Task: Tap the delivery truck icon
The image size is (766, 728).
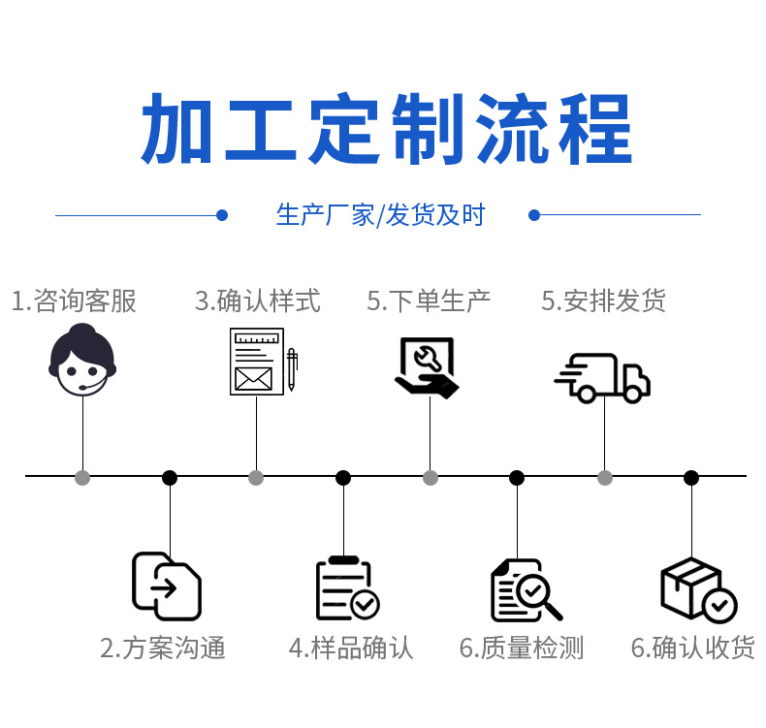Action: pos(602,377)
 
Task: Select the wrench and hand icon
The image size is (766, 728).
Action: pos(427,366)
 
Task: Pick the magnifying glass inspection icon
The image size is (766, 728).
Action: pos(525,590)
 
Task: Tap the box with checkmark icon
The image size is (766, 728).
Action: pos(697,589)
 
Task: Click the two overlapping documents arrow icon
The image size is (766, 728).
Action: pos(167,586)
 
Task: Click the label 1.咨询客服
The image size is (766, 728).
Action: pos(75,301)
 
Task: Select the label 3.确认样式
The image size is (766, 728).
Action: pos(258,301)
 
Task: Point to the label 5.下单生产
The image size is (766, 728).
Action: pos(429,301)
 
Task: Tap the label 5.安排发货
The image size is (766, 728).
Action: pos(603,301)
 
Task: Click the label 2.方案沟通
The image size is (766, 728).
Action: pos(163,648)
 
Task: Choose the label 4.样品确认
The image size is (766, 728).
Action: pos(351,648)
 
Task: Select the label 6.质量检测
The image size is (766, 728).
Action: pos(522,648)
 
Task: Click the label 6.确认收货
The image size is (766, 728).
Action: pos(692,648)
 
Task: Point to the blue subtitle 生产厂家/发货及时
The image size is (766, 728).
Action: pos(380,215)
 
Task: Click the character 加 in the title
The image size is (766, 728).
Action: pos(178,130)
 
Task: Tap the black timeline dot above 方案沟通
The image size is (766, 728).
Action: pos(170,477)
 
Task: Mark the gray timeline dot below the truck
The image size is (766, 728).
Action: pos(605,477)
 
